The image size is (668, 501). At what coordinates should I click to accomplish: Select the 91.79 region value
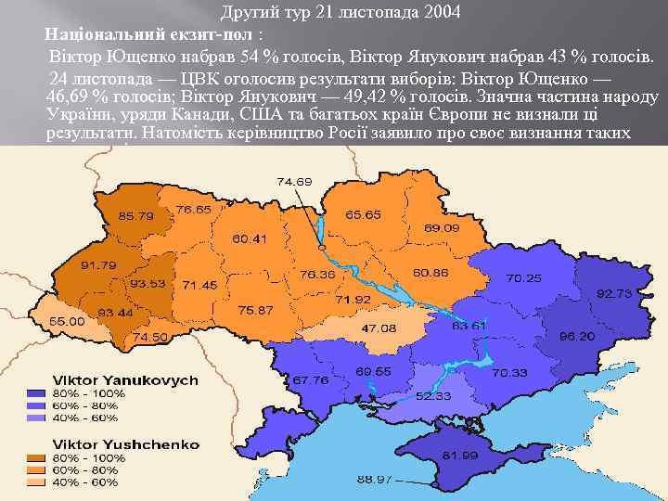97,265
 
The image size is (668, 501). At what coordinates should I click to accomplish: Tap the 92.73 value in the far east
613,293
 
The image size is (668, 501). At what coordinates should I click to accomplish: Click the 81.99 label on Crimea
459,456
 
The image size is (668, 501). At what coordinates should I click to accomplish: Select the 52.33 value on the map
433,396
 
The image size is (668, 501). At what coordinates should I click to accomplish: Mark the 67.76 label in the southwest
310,380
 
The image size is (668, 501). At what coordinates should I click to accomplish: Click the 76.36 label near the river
318,276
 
